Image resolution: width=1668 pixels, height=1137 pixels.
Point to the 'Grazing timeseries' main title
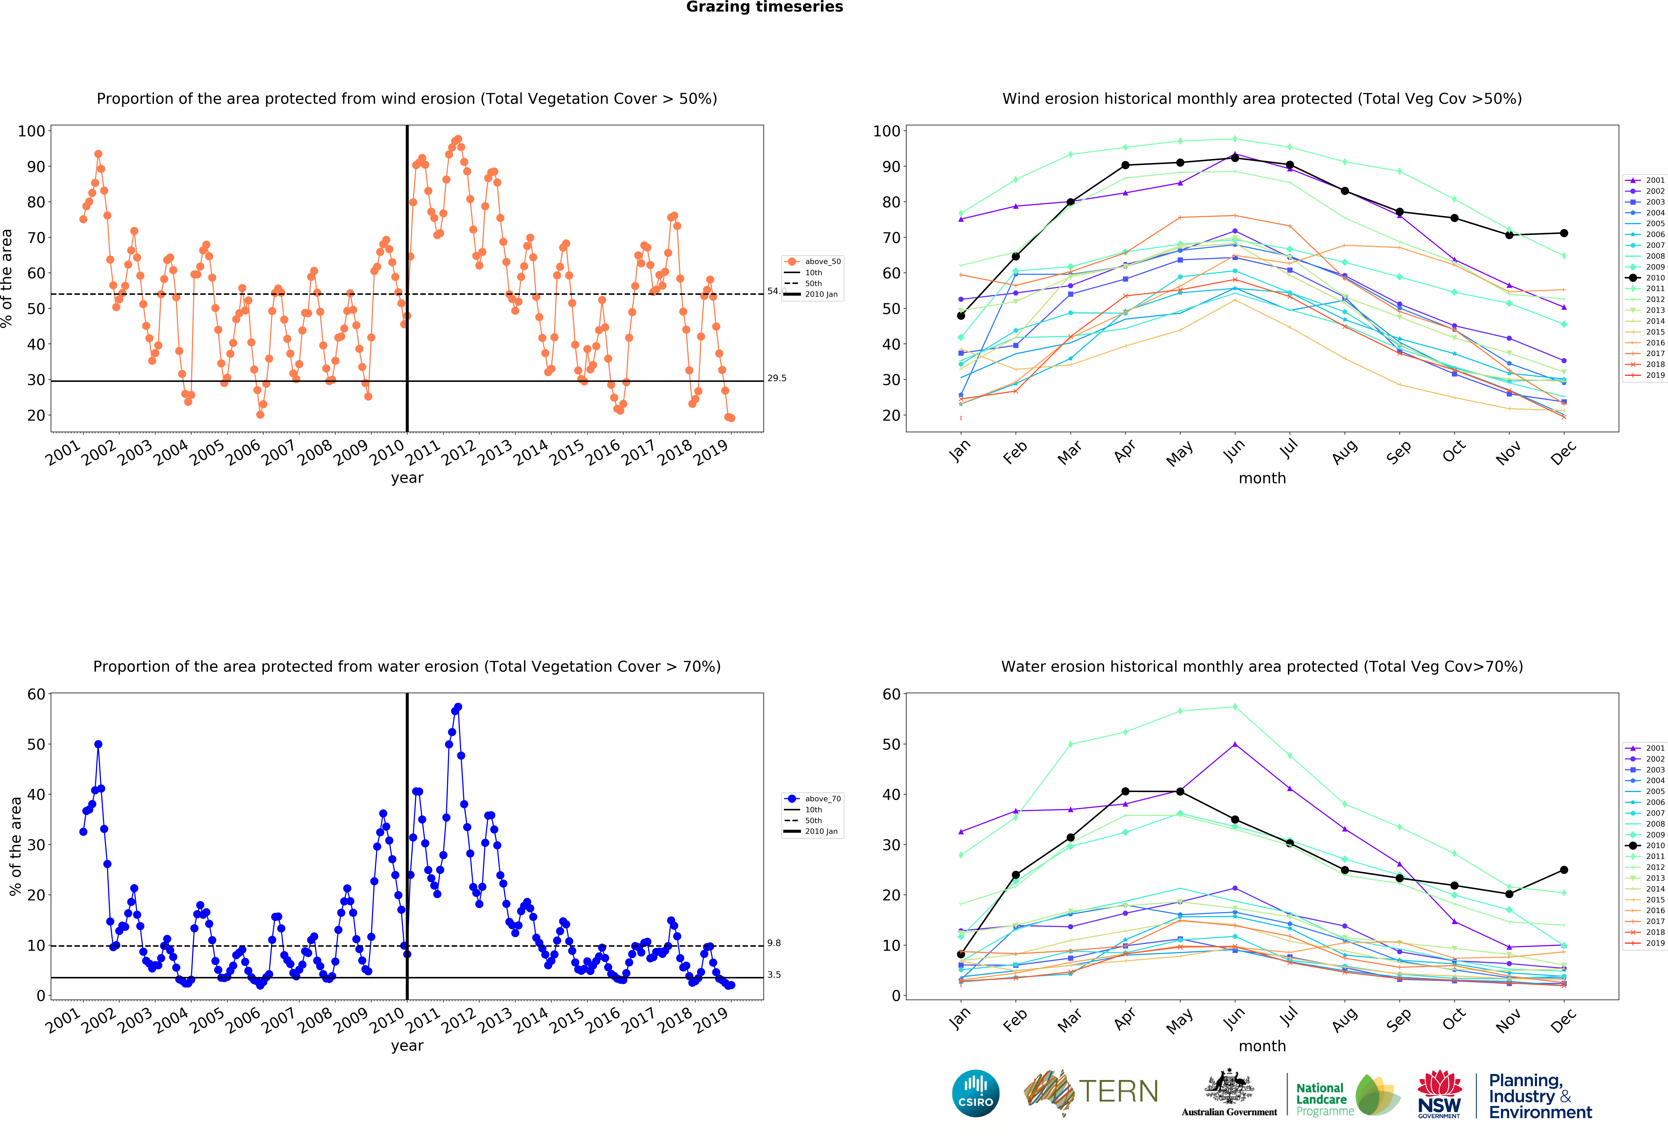(x=764, y=7)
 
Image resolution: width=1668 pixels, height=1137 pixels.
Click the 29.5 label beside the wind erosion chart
(x=777, y=378)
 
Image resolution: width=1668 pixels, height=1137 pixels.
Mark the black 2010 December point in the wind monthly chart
(x=1564, y=233)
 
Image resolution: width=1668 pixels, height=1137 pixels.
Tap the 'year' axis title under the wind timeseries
(x=407, y=478)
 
